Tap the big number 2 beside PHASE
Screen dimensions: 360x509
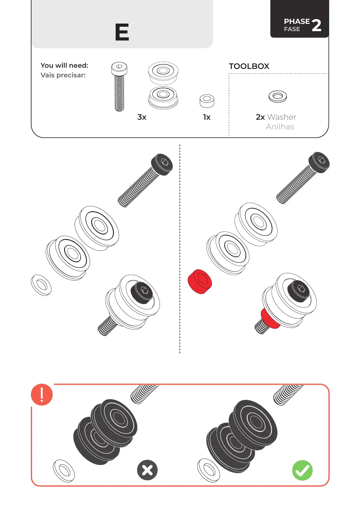click(x=316, y=25)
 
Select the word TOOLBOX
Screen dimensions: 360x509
click(x=249, y=66)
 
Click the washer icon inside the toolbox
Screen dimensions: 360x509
click(x=277, y=96)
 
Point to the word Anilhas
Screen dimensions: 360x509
click(x=280, y=127)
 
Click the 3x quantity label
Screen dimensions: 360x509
click(x=142, y=117)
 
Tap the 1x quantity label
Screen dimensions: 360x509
click(x=207, y=117)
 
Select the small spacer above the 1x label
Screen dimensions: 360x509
click(x=207, y=101)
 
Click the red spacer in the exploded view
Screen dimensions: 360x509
click(x=199, y=281)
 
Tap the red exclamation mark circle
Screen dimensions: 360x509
click(x=42, y=394)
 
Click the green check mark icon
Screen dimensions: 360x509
click(x=302, y=470)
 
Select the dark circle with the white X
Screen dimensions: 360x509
click(x=147, y=470)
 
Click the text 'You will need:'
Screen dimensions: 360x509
click(x=64, y=65)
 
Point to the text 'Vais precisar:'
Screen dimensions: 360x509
click(x=63, y=75)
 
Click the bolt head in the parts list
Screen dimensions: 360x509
click(x=119, y=68)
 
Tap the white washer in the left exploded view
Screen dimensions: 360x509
click(x=41, y=285)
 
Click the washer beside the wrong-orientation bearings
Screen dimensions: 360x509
click(x=64, y=471)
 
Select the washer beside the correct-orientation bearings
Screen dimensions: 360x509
click(x=208, y=470)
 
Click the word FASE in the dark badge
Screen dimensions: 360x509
click(x=292, y=29)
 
